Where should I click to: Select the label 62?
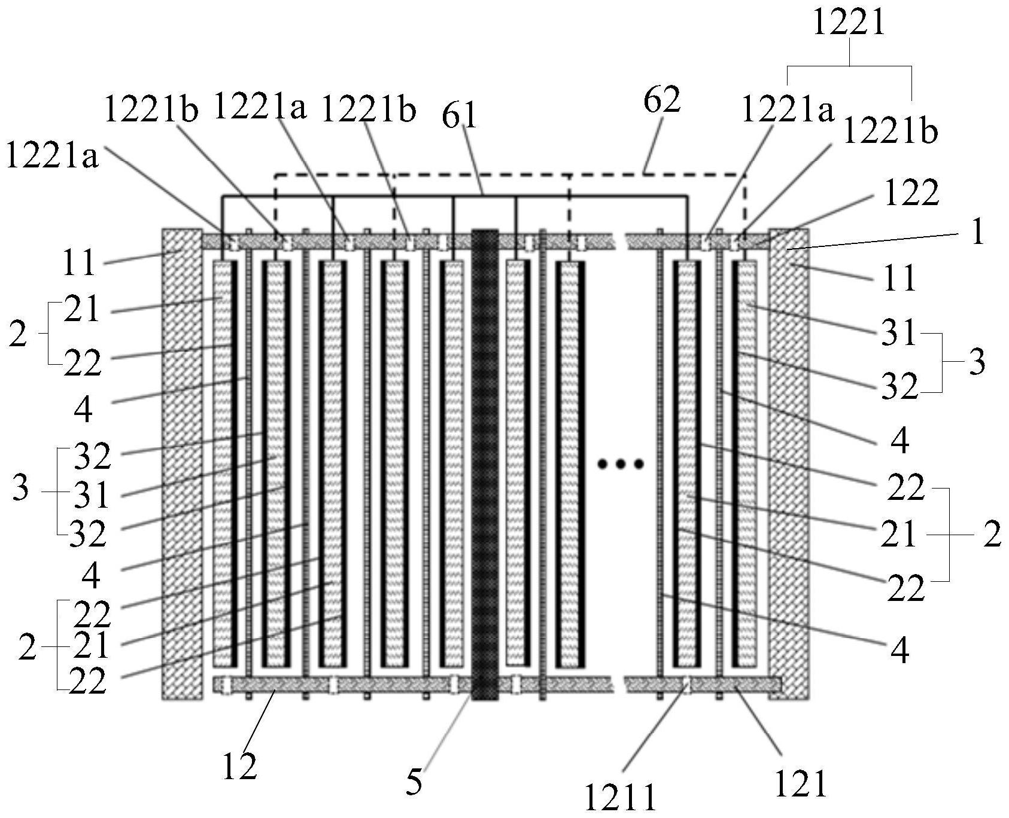click(662, 100)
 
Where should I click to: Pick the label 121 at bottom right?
click(801, 784)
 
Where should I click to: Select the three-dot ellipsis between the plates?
click(621, 463)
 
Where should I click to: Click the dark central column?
click(485, 465)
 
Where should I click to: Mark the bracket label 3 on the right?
click(976, 362)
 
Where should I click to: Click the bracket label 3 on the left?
click(20, 488)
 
